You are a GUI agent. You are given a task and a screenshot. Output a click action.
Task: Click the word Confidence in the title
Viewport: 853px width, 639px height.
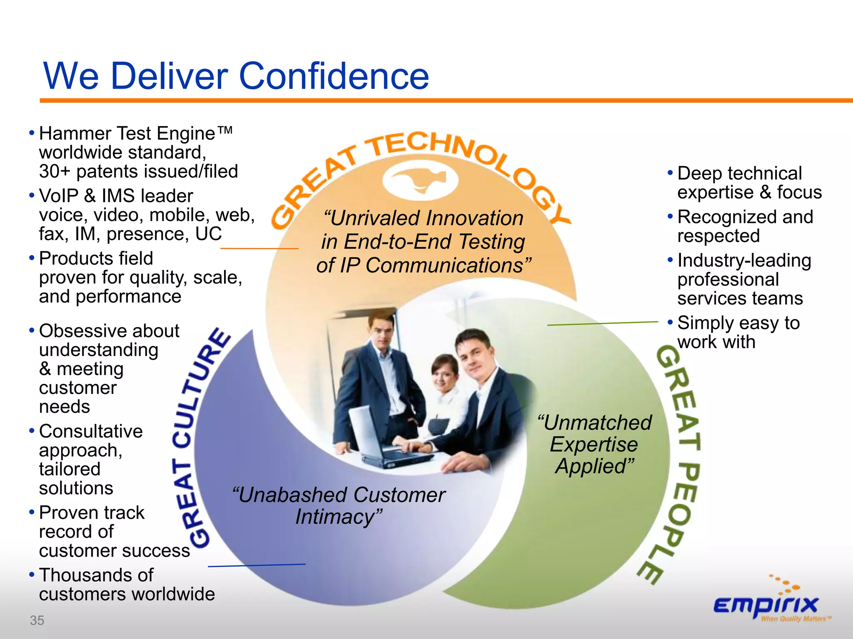333,76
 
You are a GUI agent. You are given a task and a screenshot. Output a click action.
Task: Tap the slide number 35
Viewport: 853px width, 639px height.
37,620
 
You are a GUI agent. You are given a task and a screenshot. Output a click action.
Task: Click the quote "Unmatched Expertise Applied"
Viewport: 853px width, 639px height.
594,444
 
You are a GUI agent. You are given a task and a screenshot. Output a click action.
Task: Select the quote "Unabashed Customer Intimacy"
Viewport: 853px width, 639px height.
338,505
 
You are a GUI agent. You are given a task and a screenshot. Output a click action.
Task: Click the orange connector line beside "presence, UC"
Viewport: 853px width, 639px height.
259,248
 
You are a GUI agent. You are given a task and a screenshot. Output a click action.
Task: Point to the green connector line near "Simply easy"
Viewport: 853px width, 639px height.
602,323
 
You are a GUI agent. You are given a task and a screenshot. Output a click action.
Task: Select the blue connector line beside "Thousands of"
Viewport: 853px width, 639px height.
257,565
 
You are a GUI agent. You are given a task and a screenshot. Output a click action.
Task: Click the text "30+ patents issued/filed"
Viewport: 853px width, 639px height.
138,171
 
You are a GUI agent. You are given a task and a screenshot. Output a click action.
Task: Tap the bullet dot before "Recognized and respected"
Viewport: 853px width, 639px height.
670,216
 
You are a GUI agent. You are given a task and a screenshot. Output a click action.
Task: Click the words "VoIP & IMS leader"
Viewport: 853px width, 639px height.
116,196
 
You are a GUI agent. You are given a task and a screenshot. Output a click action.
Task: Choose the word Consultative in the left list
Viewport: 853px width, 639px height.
91,431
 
